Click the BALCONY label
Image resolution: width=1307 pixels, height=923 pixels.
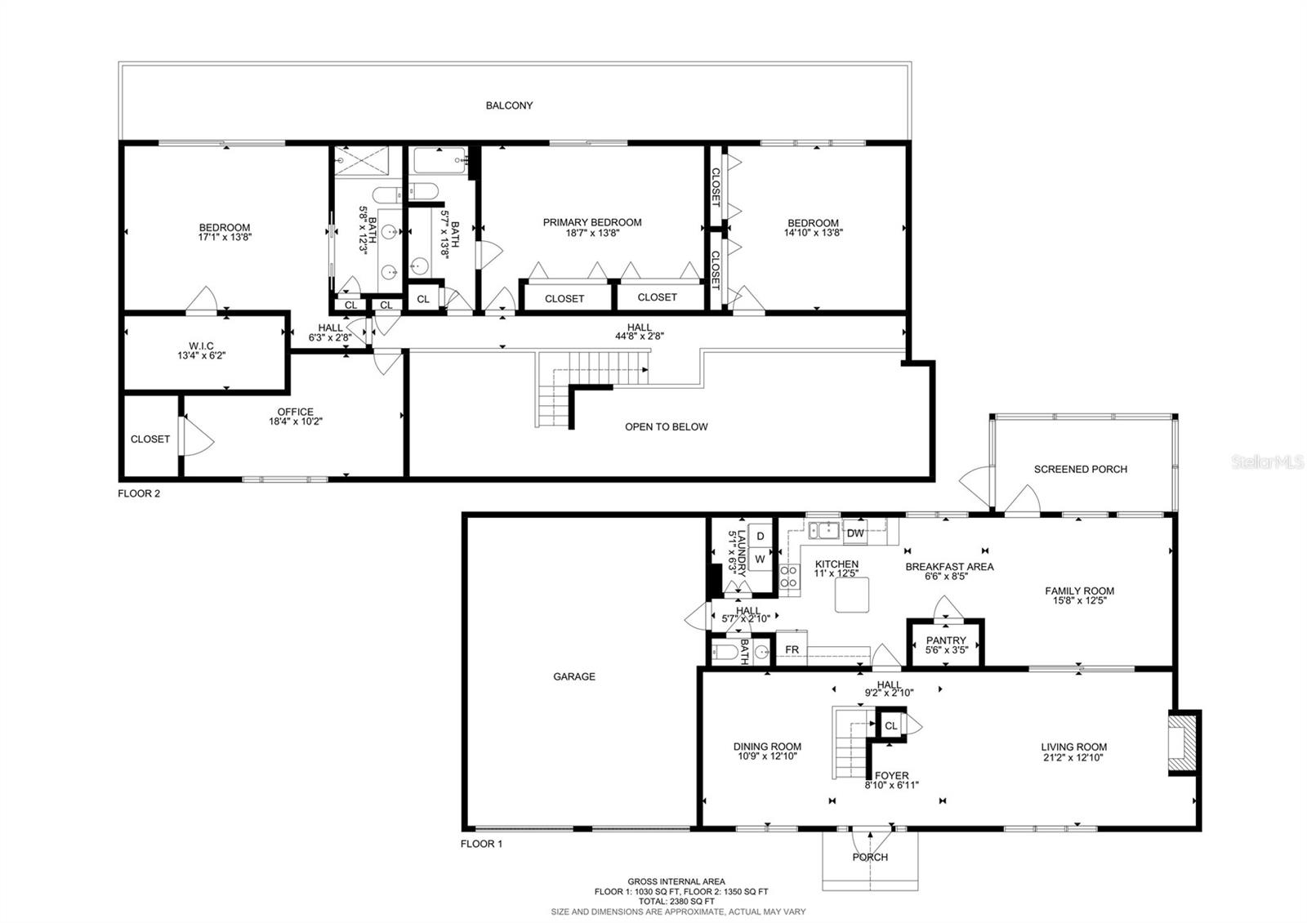(x=509, y=105)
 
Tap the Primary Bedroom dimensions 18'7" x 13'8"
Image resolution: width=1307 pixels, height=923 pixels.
(x=592, y=233)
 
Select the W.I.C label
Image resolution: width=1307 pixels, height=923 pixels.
(x=200, y=346)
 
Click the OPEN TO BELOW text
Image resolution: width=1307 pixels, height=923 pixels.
(x=666, y=426)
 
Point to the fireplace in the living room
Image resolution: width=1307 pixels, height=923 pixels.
(x=1181, y=742)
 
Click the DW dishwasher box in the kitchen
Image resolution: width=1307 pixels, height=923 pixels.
(x=855, y=533)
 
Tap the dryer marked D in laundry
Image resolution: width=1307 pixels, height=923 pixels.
(x=761, y=537)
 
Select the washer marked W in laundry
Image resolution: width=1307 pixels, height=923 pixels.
(x=760, y=560)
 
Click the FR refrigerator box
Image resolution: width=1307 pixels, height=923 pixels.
(x=792, y=650)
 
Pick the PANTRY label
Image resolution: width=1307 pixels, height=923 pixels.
(x=946, y=640)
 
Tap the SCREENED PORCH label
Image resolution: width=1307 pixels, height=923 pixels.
(x=1080, y=469)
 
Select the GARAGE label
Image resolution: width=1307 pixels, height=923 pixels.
(x=574, y=676)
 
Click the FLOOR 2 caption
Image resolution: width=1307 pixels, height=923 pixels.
(x=139, y=493)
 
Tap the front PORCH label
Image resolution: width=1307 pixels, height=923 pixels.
(x=870, y=857)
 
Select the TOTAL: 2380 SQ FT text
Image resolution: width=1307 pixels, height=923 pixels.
(x=676, y=901)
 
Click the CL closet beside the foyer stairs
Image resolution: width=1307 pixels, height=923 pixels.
(x=891, y=725)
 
